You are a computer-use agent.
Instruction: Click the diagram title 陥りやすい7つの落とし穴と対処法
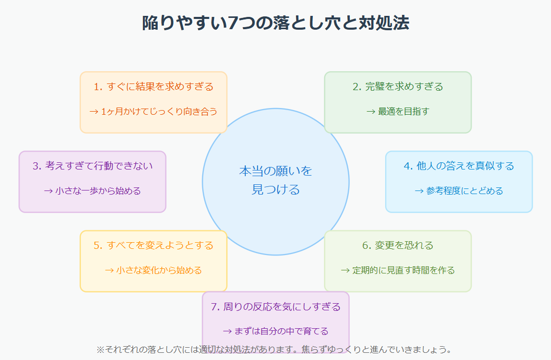click(275, 23)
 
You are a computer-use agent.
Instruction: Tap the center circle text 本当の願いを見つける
click(275, 180)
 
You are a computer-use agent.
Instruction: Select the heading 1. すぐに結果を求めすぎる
click(154, 87)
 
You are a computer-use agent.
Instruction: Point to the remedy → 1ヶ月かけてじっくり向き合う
click(154, 111)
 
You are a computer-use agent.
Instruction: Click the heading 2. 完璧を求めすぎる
click(398, 87)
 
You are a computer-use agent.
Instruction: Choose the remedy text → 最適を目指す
click(398, 111)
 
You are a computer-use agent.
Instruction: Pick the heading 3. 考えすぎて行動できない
click(93, 166)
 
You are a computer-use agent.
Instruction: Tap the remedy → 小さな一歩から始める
click(93, 190)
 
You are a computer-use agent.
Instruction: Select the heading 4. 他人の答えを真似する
click(459, 166)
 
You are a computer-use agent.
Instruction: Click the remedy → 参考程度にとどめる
click(459, 190)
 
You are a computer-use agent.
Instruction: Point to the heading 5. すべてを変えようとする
click(154, 245)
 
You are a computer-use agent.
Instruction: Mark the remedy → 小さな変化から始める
click(154, 270)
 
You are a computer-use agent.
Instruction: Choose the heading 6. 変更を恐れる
click(398, 245)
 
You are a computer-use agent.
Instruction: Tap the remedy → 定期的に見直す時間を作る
click(398, 270)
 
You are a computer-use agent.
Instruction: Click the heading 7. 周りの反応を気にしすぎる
click(275, 307)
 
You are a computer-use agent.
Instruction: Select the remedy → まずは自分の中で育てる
click(275, 331)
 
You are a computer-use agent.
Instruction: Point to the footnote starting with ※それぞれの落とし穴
click(275, 350)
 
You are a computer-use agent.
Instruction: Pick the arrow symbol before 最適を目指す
click(371, 112)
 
